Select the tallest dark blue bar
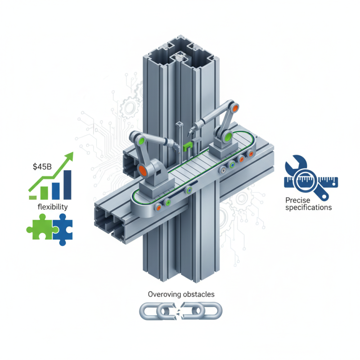point(67,184)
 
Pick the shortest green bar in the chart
point(33,197)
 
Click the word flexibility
point(52,207)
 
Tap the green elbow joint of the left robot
point(144,140)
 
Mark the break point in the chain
point(180,310)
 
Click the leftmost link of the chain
point(149,310)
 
